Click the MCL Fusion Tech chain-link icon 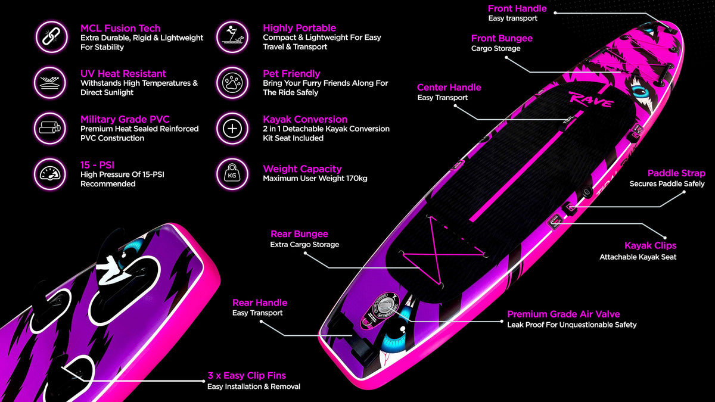point(49,37)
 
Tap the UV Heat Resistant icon point(49,82)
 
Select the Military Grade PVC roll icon point(49,128)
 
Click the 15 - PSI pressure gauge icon point(49,173)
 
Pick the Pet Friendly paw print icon point(232,82)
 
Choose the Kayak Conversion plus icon point(232,128)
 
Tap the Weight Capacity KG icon point(232,173)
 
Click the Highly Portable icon point(232,37)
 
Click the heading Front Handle point(517,8)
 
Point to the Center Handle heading point(449,88)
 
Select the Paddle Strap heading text point(676,173)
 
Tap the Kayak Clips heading point(650,245)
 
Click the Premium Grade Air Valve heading point(563,314)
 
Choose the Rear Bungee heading point(299,234)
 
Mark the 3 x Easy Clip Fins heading point(247,376)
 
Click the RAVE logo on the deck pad point(590,101)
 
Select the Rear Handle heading point(259,303)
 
